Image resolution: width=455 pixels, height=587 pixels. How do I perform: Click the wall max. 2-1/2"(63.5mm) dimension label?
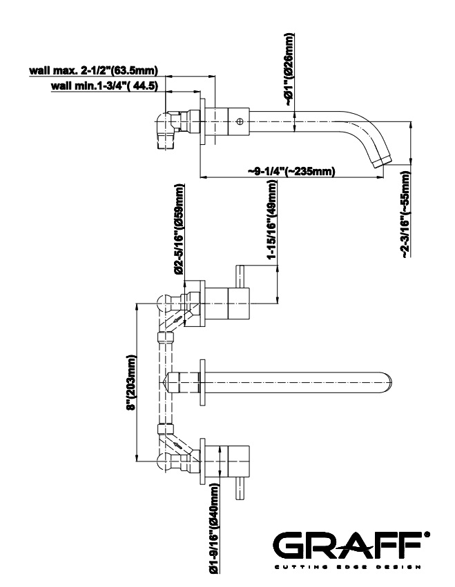click(x=93, y=70)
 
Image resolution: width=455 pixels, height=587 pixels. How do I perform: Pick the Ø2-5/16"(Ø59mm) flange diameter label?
click(x=180, y=229)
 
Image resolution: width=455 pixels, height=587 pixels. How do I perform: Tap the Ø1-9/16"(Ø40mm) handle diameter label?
click(x=215, y=529)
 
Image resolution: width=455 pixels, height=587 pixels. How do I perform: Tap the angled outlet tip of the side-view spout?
click(x=382, y=163)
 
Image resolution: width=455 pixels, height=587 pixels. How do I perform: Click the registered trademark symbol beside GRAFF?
click(x=427, y=535)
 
